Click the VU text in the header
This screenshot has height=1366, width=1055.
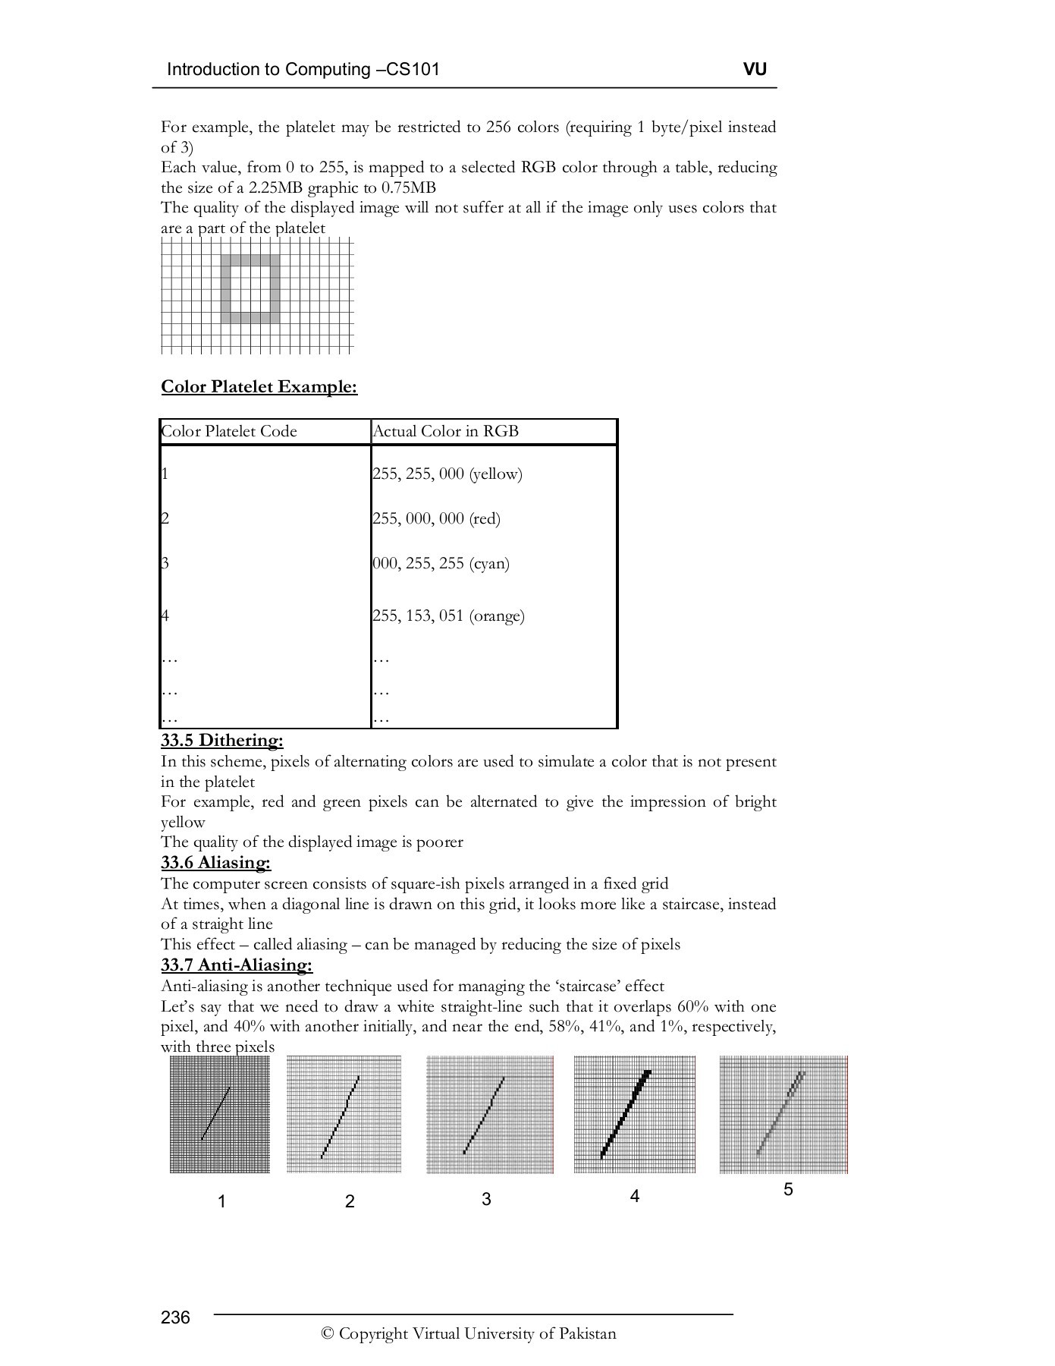tap(755, 70)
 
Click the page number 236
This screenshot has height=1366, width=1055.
tap(175, 1317)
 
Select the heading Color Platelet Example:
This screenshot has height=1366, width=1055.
tap(259, 387)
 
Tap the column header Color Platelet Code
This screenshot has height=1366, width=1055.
tap(229, 432)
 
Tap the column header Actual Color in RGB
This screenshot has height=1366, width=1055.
tap(445, 432)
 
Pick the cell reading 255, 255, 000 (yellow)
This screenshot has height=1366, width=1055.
tap(447, 474)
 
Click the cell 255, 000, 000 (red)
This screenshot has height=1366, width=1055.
tap(436, 519)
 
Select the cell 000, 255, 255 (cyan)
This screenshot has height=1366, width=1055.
tap(441, 564)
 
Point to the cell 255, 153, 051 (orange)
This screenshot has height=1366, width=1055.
tap(448, 615)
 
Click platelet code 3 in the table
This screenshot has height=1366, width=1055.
tap(165, 563)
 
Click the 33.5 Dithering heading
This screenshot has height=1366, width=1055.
tap(221, 741)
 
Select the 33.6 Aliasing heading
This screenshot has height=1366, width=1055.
tap(215, 863)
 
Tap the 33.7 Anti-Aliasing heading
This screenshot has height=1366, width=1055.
tap(236, 965)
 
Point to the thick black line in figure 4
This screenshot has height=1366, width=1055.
tap(625, 1114)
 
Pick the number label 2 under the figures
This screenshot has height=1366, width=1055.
tap(350, 1201)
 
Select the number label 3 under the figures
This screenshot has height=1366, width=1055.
tap(486, 1199)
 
